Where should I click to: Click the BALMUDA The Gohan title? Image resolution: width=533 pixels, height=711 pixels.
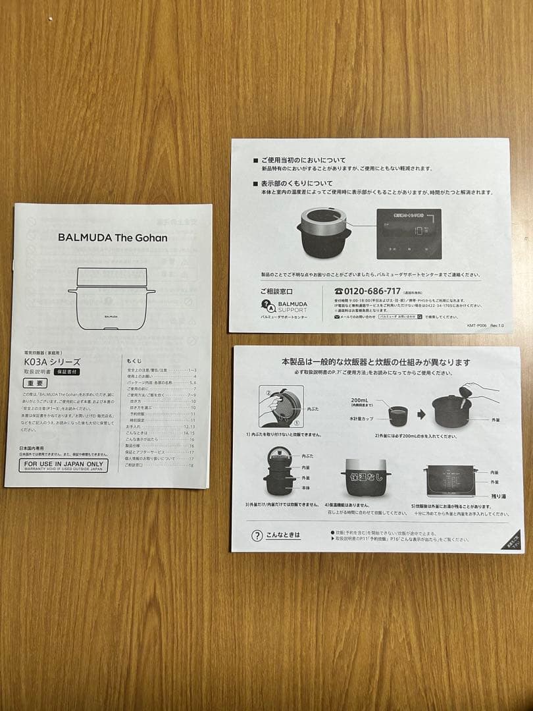click(113, 238)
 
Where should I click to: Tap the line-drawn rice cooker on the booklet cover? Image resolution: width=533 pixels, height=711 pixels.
click(112, 297)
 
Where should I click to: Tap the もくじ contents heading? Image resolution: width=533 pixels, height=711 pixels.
click(134, 361)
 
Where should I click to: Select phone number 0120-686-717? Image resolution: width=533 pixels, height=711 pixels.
click(367, 290)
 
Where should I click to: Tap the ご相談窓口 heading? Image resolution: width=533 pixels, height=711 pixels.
click(276, 290)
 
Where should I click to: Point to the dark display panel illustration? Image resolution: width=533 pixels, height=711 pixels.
click(409, 234)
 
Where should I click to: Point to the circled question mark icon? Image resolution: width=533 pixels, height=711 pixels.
click(257, 535)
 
